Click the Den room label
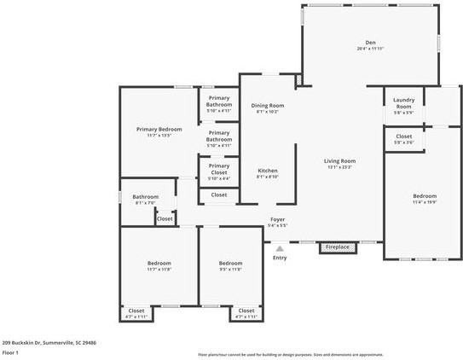coord(371,42)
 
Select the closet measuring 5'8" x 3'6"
coord(403,139)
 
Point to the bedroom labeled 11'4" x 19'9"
coord(424,199)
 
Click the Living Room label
coord(339,161)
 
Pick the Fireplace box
coord(337,247)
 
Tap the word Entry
coord(280,258)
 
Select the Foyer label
coord(278,219)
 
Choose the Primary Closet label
coord(219,169)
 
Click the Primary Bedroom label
coord(159,130)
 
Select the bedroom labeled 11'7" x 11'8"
coord(159,265)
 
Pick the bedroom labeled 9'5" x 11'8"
coord(230,265)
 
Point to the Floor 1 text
coord(10,351)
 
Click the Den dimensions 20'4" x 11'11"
coord(371,49)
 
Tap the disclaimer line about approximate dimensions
coord(291,354)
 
